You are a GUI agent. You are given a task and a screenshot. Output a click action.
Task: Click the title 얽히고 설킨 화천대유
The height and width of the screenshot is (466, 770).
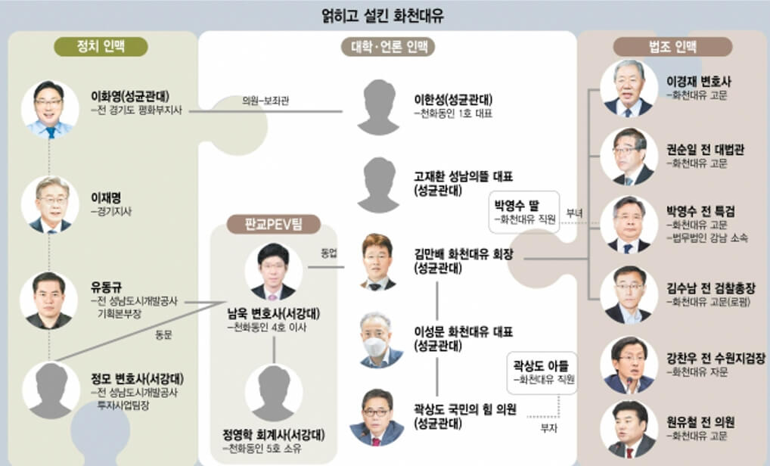[x=384, y=14]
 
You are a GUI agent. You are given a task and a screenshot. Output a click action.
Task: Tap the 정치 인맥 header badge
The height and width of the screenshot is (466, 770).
[x=101, y=45]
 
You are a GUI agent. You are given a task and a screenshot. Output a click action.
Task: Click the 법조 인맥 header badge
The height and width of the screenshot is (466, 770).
[x=672, y=46]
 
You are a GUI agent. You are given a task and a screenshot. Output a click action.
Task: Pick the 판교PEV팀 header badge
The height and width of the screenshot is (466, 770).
[x=274, y=224]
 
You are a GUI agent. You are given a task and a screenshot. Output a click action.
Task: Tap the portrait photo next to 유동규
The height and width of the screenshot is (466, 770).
[x=50, y=300]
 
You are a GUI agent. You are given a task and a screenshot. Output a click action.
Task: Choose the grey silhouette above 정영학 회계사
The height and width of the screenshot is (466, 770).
[x=273, y=392]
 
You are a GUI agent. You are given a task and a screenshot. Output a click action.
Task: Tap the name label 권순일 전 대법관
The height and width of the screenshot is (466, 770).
[x=704, y=150]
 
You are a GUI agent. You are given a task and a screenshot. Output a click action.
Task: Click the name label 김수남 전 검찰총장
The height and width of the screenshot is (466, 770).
[x=710, y=288]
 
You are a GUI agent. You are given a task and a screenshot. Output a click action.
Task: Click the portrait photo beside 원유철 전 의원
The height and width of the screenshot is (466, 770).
[x=628, y=429]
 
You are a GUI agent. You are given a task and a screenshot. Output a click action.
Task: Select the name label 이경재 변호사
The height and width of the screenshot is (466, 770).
[x=698, y=81]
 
